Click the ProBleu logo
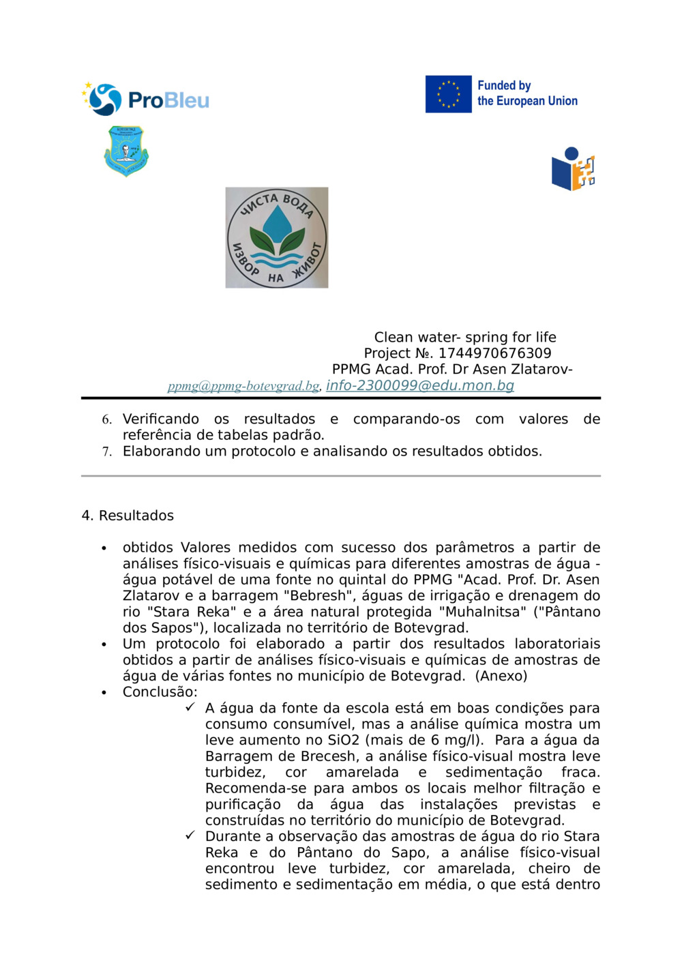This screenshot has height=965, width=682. [146, 100]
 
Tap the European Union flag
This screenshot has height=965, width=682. [448, 94]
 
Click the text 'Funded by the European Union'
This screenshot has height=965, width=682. [527, 93]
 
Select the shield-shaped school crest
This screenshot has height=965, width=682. [126, 151]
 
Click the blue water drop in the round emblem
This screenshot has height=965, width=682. [277, 223]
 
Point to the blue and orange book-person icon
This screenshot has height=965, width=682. [573, 169]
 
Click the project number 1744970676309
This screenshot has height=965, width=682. [494, 353]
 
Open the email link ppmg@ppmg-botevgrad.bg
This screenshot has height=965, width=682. [243, 386]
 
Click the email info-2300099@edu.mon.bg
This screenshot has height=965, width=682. [419, 385]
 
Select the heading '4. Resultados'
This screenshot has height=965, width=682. [128, 516]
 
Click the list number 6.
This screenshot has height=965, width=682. [106, 419]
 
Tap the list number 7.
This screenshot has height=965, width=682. [106, 451]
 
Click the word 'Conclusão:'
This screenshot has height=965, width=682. [160, 692]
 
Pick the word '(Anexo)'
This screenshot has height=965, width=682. [501, 676]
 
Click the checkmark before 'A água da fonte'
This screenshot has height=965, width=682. [190, 707]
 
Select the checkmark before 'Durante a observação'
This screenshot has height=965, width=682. [190, 835]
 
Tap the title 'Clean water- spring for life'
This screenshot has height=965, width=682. [465, 337]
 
